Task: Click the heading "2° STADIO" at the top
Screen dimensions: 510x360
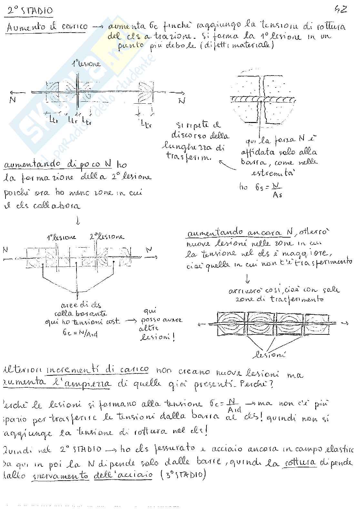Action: pyautogui.click(x=30, y=11)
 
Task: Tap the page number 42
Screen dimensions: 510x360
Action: pyautogui.click(x=341, y=10)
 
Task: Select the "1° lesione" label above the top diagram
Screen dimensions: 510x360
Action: pyautogui.click(x=86, y=64)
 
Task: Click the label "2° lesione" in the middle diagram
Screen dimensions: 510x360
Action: pyautogui.click(x=106, y=237)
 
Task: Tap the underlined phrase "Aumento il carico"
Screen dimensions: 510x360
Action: pyautogui.click(x=47, y=27)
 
